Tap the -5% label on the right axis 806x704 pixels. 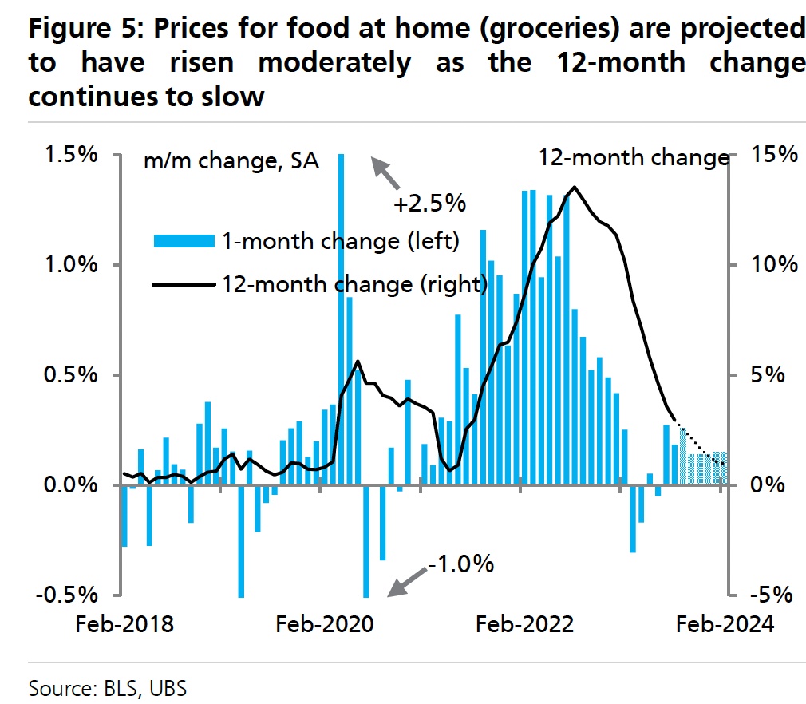[x=771, y=595]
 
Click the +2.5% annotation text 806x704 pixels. [x=429, y=204]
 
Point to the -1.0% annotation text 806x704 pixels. [x=461, y=564]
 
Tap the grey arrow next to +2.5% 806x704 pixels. [x=385, y=170]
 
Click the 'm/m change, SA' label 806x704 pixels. [x=231, y=162]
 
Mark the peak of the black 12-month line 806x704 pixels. [x=574, y=187]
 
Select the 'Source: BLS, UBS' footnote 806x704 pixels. [x=108, y=686]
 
